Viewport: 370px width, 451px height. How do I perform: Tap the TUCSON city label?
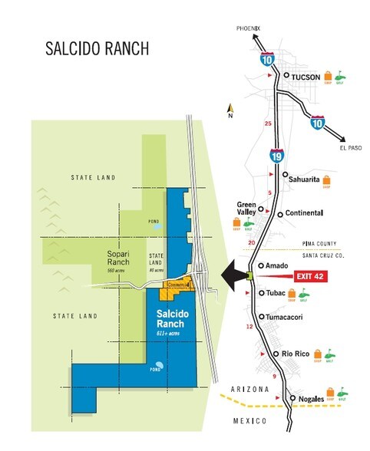tap(303, 77)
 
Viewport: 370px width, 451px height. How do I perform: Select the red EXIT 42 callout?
tap(311, 277)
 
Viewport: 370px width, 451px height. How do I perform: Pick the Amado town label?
tap(279, 265)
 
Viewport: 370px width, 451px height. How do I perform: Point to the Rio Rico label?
tap(296, 354)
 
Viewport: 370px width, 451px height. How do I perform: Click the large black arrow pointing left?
tap(232, 272)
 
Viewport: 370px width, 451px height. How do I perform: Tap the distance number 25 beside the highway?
tap(268, 123)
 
